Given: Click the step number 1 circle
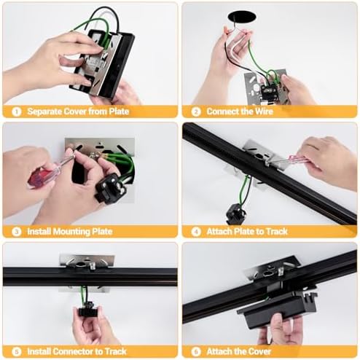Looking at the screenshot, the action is (x=17, y=111).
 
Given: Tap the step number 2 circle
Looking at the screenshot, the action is (x=196, y=111).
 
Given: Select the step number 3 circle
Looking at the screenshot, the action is (x=17, y=232).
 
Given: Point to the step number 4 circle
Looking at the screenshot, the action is (x=196, y=232).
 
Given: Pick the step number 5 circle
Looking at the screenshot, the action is (x=17, y=351).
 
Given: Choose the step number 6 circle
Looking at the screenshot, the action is (x=196, y=351).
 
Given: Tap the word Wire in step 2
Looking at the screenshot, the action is (x=264, y=111).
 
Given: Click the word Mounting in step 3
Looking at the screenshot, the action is (x=71, y=232).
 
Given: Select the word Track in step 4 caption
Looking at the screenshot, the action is (x=277, y=232).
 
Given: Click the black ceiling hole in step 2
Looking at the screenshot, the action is (x=242, y=17).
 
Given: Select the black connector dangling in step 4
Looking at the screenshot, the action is (x=235, y=214).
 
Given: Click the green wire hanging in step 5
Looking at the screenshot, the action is (x=83, y=294).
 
